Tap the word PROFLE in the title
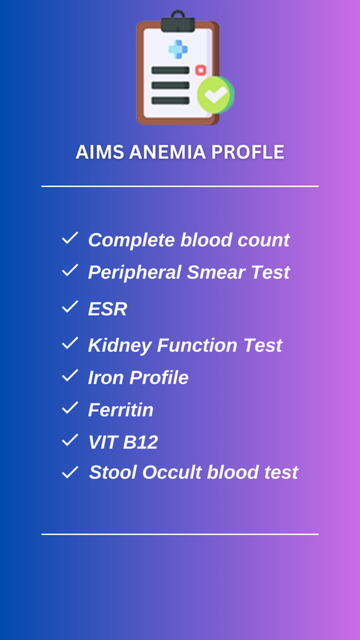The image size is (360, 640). point(247,152)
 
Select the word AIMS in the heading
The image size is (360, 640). point(100,152)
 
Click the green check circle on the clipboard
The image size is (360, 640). point(216,95)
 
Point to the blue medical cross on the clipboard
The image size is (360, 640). point(178,49)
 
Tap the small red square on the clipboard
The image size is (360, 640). point(201,70)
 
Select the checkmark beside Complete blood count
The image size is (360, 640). point(70,238)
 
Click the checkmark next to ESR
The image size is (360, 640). point(70,307)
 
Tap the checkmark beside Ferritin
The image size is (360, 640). point(70,407)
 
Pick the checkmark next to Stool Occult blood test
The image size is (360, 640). point(70,472)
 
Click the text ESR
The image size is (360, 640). point(107,309)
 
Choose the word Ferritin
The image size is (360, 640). point(121,410)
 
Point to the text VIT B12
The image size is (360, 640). point(123,442)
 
